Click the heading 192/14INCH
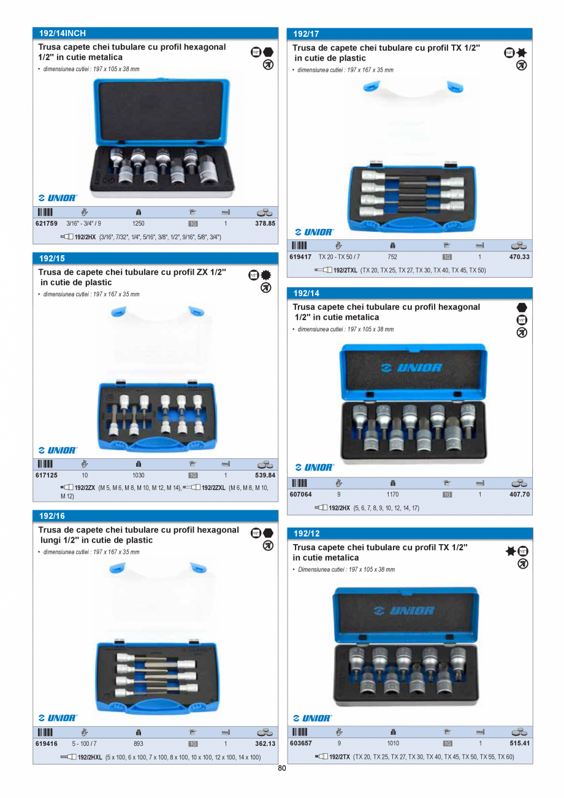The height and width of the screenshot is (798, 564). tap(63, 33)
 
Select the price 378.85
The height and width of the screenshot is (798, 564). tap(265, 223)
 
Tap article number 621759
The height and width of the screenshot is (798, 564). tap(47, 223)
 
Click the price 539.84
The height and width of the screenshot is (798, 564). tap(265, 475)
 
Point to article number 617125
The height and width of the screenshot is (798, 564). tap(47, 475)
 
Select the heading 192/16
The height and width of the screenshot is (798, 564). tap(52, 516)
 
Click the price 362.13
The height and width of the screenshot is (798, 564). tap(265, 743)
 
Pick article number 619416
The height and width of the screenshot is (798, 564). tap(47, 743)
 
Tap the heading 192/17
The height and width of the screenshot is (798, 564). tap(306, 34)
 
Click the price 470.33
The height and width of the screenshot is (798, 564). tap(519, 257)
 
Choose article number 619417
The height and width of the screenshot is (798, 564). tap(300, 257)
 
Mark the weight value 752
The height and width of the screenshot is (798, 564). tap(392, 257)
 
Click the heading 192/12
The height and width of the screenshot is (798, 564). tap(307, 533)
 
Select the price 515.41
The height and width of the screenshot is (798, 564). tap(519, 743)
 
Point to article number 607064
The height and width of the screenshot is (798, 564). tap(300, 494)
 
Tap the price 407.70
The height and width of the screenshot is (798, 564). tap(519, 494)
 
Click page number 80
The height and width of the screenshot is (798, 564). tap(281, 768)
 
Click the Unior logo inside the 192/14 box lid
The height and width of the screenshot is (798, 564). tap(411, 367)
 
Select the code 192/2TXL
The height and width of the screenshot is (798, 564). tap(345, 270)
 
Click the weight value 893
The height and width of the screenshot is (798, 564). tap(138, 743)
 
